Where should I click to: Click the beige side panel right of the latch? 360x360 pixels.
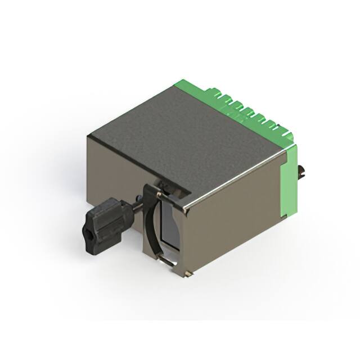[236, 219]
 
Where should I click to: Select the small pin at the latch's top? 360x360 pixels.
[159, 195]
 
